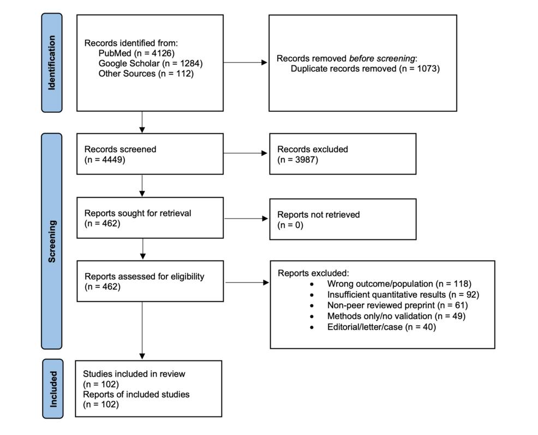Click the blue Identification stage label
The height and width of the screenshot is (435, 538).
click(52, 63)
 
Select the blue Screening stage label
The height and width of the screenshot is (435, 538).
click(52, 241)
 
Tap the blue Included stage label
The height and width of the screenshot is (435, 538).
click(53, 389)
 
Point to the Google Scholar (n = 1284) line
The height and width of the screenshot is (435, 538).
click(151, 63)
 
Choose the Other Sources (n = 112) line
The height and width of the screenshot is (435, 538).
click(146, 73)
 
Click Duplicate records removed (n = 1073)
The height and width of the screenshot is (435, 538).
click(365, 69)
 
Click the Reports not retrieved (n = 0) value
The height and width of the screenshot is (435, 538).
click(290, 225)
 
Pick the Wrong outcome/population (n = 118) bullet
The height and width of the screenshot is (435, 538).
click(399, 283)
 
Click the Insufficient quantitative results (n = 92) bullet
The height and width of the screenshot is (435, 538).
click(403, 294)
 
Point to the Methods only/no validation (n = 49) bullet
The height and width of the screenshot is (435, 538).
click(396, 316)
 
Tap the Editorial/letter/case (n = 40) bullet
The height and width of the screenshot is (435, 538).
click(381, 327)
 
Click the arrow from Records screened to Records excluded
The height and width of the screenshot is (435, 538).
click(246, 154)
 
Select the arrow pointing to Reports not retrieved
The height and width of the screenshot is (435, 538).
click(246, 219)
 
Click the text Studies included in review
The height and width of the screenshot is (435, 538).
click(134, 374)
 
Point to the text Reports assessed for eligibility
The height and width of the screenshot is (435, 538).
click(145, 276)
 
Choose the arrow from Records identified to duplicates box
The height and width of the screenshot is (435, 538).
click(246, 63)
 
